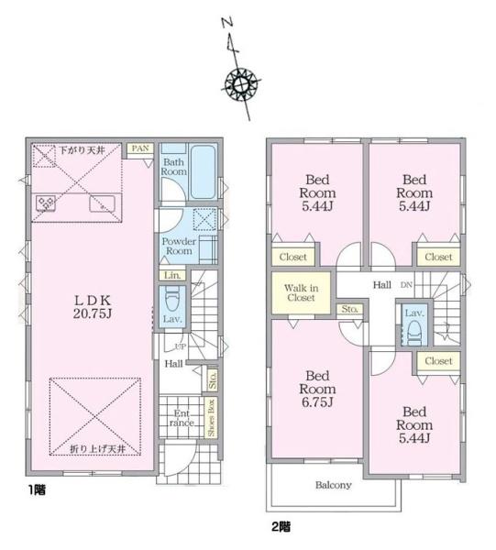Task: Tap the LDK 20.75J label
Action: coord(93,307)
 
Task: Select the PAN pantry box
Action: coord(140,148)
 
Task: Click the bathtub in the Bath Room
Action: coord(203,172)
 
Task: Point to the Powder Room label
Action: coord(179,247)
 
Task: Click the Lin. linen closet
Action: coord(172,275)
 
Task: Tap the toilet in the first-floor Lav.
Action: coord(171,299)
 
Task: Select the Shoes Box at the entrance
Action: coord(211,417)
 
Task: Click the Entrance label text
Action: coord(182,418)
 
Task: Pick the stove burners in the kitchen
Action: coord(46,203)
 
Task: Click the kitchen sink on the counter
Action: coord(102,203)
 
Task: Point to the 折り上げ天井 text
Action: coord(97,448)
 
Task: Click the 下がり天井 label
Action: coord(83,150)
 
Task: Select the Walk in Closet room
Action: coord(302,293)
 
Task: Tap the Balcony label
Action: coord(333,485)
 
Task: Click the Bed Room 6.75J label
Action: coord(317,389)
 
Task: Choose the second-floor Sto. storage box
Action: coord(349,309)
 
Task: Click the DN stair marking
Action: coord(406,285)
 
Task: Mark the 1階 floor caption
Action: coord(37,489)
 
